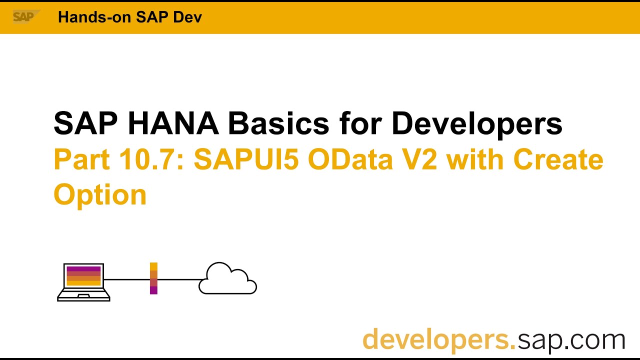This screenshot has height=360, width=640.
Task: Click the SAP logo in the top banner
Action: pyautogui.click(x=24, y=17)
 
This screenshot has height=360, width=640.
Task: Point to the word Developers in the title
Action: pyautogui.click(x=477, y=123)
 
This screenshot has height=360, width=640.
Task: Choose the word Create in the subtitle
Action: pyautogui.click(x=558, y=159)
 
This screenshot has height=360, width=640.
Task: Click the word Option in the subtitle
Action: pyautogui.click(x=100, y=194)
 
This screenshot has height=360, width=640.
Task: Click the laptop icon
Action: pyautogui.click(x=83, y=282)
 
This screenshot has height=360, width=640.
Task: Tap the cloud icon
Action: pyautogui.click(x=228, y=278)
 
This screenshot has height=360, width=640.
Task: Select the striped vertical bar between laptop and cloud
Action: pyautogui.click(x=153, y=278)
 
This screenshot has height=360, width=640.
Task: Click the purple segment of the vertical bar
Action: pyautogui.click(x=153, y=290)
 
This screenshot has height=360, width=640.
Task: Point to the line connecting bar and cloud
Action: pyautogui.click(x=180, y=279)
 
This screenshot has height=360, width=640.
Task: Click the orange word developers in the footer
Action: pyautogui.click(x=438, y=339)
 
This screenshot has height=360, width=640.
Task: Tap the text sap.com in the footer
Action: pyautogui.click(x=571, y=339)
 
